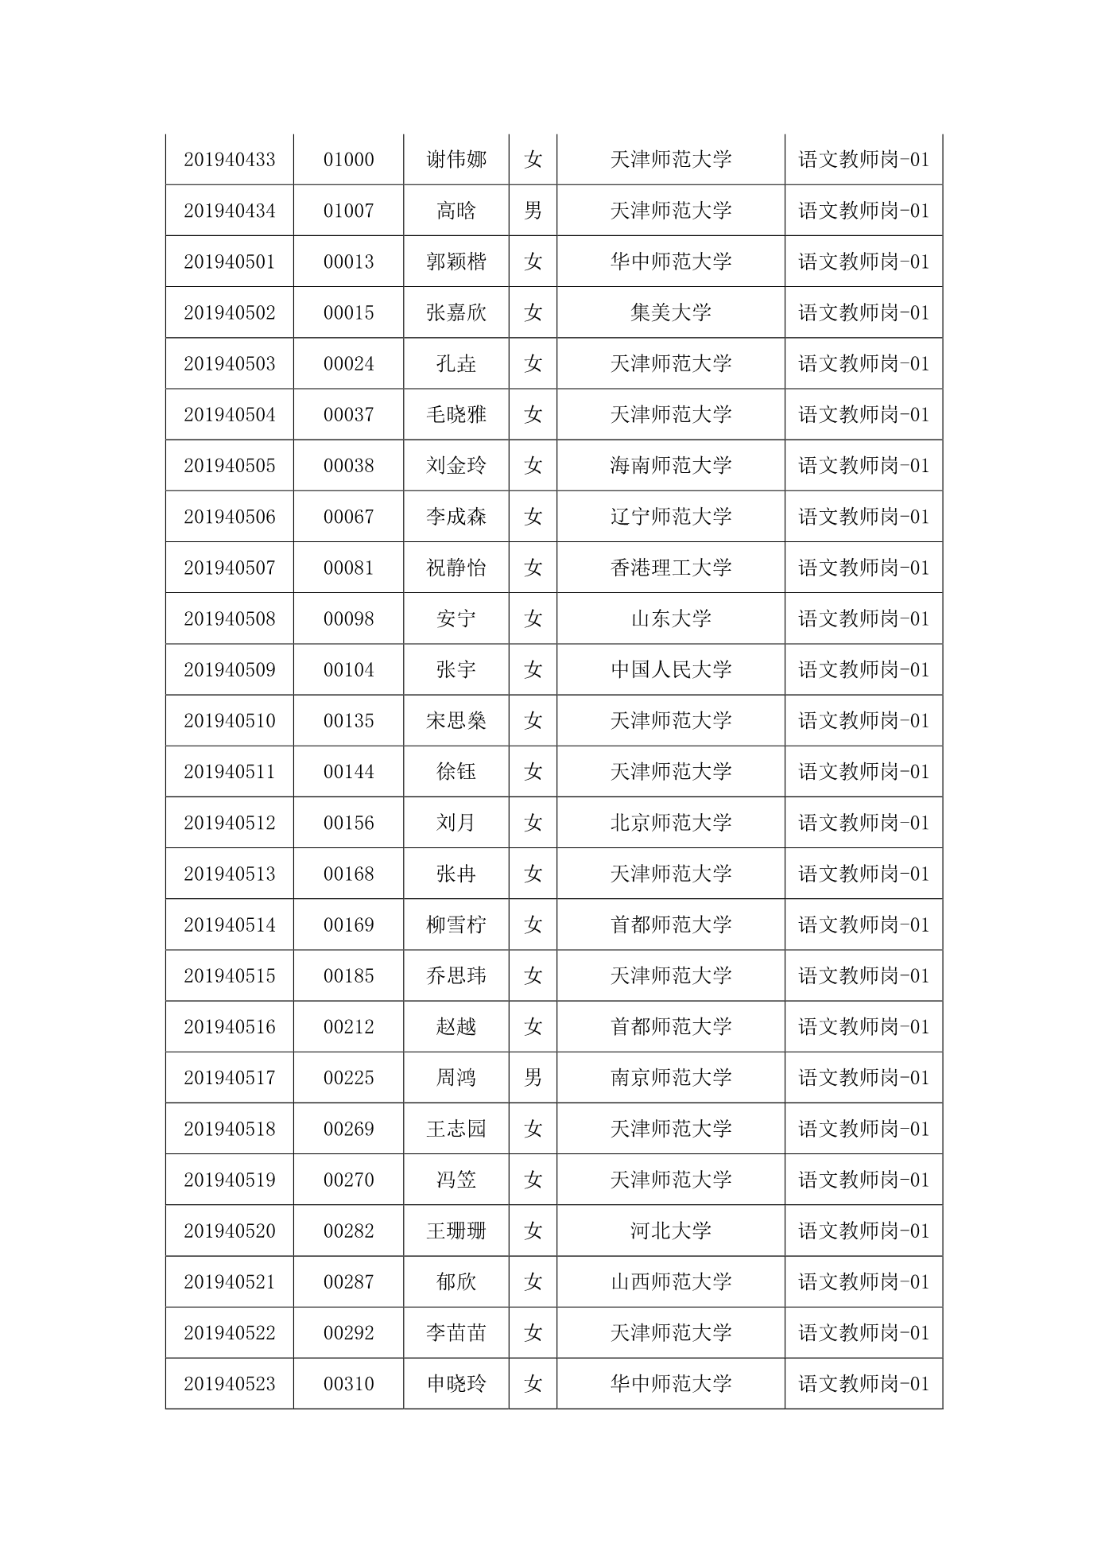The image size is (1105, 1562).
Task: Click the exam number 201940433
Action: coord(229,160)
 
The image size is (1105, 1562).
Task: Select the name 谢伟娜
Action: coord(456,160)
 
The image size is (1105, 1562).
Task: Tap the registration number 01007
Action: coord(348,211)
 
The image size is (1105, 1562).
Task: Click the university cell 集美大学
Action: coord(670,312)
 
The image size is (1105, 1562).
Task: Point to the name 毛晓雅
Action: coord(456,414)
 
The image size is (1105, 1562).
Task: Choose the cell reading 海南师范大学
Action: coord(670,465)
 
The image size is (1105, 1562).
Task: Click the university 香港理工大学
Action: coord(670,568)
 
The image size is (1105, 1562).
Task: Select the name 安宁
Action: coord(456,618)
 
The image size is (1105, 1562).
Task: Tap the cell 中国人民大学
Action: coord(670,669)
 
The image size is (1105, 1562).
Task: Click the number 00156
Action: coord(348,823)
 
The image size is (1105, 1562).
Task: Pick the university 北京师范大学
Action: coord(670,823)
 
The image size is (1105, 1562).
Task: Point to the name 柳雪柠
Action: coord(456,924)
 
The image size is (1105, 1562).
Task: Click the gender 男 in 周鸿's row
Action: coord(533,1077)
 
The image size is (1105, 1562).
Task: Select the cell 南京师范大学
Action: coord(670,1077)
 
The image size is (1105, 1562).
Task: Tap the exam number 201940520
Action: coord(229,1231)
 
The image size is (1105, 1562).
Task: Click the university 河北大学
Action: coord(670,1231)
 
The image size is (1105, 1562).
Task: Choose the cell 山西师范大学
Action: coord(670,1281)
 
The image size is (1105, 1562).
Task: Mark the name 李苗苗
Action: coord(456,1332)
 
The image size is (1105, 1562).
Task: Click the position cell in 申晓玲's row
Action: coord(863,1383)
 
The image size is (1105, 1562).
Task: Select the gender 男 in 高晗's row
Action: coord(533,211)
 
